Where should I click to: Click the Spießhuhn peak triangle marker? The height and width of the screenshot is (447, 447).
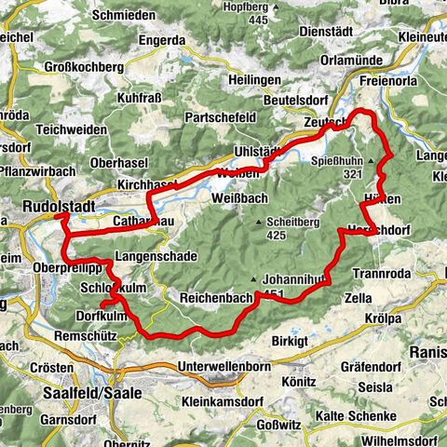tap(370, 160)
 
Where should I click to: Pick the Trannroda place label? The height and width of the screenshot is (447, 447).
tap(382, 274)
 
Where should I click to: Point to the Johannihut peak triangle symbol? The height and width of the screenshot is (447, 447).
tap(251, 278)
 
